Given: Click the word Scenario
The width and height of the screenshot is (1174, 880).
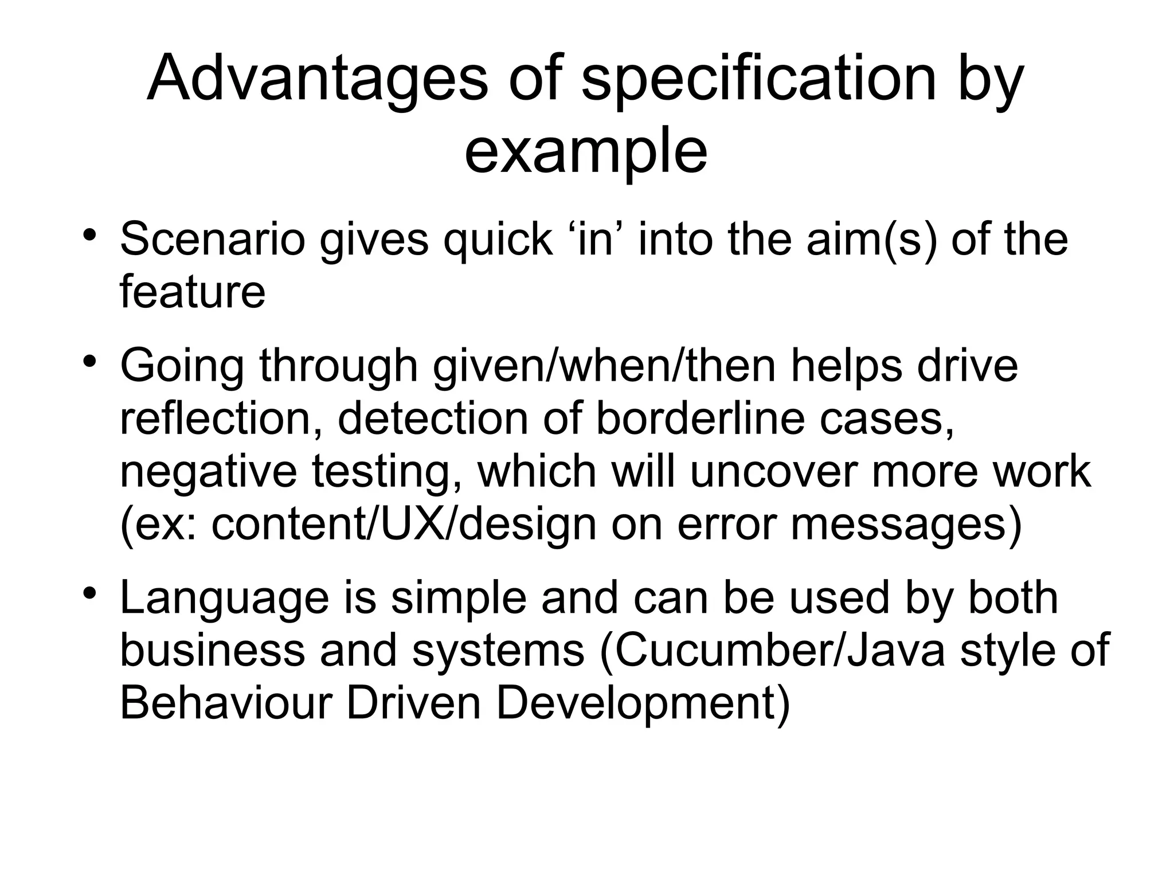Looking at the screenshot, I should tap(212, 239).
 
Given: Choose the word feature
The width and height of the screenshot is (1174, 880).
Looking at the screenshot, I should tap(193, 291).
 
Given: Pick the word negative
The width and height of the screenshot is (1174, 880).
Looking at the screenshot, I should tap(209, 471).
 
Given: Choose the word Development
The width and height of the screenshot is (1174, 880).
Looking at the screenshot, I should tap(642, 703).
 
